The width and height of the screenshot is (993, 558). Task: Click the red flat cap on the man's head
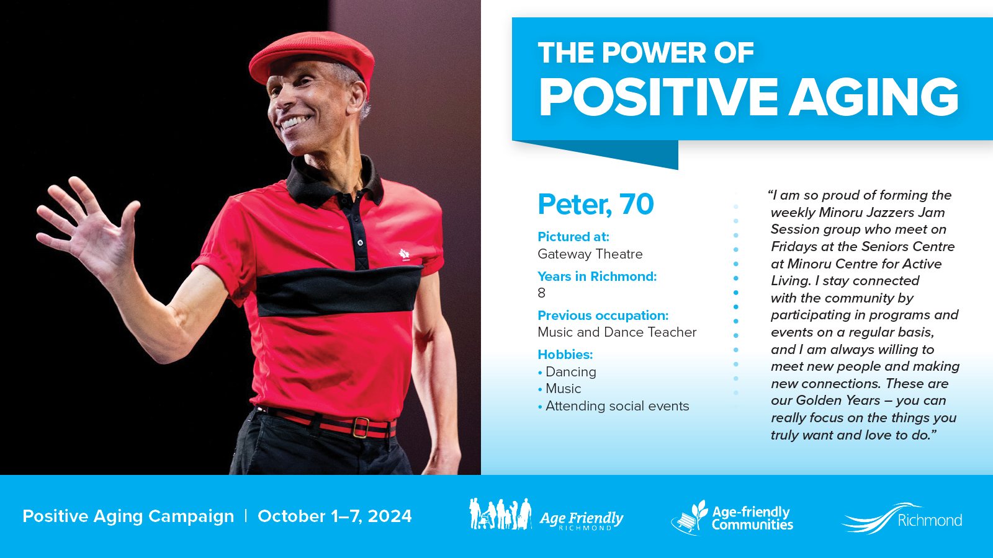click(313, 55)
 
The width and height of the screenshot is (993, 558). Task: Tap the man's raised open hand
click(89, 226)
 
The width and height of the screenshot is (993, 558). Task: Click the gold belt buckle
click(361, 427)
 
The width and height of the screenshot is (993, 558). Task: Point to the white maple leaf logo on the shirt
click(404, 255)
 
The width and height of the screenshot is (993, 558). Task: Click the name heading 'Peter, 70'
click(595, 205)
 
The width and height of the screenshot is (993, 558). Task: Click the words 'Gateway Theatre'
click(590, 254)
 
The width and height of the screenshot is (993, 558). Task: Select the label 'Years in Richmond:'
click(596, 277)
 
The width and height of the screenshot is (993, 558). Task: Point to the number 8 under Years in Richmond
click(541, 293)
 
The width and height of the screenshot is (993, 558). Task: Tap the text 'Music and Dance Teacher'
click(617, 332)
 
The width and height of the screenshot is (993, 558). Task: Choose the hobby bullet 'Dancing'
click(567, 372)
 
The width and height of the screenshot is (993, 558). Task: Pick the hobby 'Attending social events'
click(614, 406)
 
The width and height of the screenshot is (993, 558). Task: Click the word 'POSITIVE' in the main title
click(658, 97)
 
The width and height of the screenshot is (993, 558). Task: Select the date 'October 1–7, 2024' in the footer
click(335, 516)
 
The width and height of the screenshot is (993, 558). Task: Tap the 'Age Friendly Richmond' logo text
click(581, 520)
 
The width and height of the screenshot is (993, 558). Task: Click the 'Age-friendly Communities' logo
click(732, 518)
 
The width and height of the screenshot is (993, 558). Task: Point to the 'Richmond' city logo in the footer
click(902, 518)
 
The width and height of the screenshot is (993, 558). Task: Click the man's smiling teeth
click(295, 121)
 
